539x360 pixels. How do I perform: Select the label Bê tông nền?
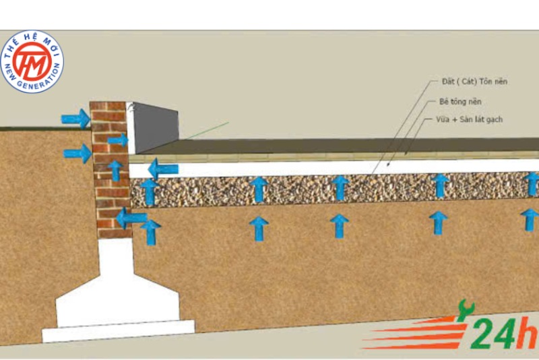click(x=463, y=102)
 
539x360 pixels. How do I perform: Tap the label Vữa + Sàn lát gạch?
click(x=470, y=120)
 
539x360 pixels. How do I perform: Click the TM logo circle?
click(x=32, y=63)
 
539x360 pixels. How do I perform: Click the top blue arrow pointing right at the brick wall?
click(x=75, y=119)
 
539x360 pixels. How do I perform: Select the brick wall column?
click(x=110, y=169)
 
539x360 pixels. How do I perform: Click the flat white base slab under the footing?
click(x=119, y=330)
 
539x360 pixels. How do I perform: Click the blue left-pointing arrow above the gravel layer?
click(x=163, y=169)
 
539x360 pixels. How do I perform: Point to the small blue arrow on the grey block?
click(x=118, y=140)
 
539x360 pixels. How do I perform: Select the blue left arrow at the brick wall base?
click(x=131, y=218)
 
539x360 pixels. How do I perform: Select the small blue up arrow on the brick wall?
click(x=116, y=170)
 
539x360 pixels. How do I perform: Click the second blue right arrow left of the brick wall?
click(x=77, y=154)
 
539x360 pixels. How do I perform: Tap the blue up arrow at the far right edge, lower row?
click(x=530, y=219)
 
